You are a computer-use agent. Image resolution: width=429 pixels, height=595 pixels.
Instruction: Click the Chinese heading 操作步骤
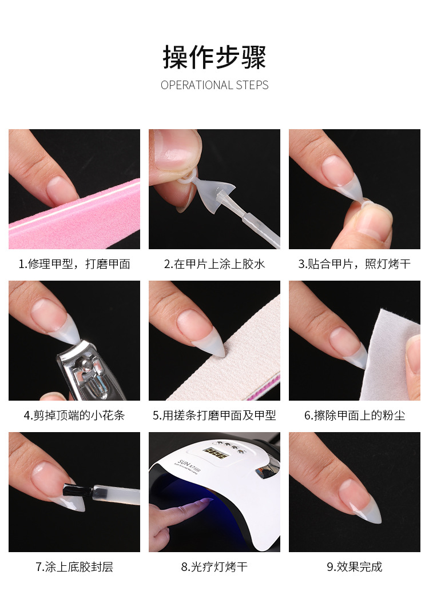point(214,58)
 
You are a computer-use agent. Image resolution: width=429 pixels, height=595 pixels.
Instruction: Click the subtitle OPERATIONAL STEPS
point(214,85)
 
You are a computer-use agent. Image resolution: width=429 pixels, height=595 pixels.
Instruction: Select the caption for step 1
point(74,264)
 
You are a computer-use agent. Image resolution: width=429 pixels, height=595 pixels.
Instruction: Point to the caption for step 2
point(214,264)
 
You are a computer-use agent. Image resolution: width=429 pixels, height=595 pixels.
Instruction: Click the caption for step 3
point(355,264)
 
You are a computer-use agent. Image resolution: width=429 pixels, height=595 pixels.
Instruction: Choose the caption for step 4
point(74,416)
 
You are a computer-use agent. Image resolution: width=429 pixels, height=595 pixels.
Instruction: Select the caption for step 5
point(214,416)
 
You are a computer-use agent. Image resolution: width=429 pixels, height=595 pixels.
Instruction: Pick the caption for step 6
point(355,416)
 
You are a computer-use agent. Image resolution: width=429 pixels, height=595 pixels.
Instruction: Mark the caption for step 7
point(74,567)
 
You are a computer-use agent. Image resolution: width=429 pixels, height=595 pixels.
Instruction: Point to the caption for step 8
point(214,567)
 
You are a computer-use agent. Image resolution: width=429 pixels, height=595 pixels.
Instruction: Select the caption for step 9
point(355,567)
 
